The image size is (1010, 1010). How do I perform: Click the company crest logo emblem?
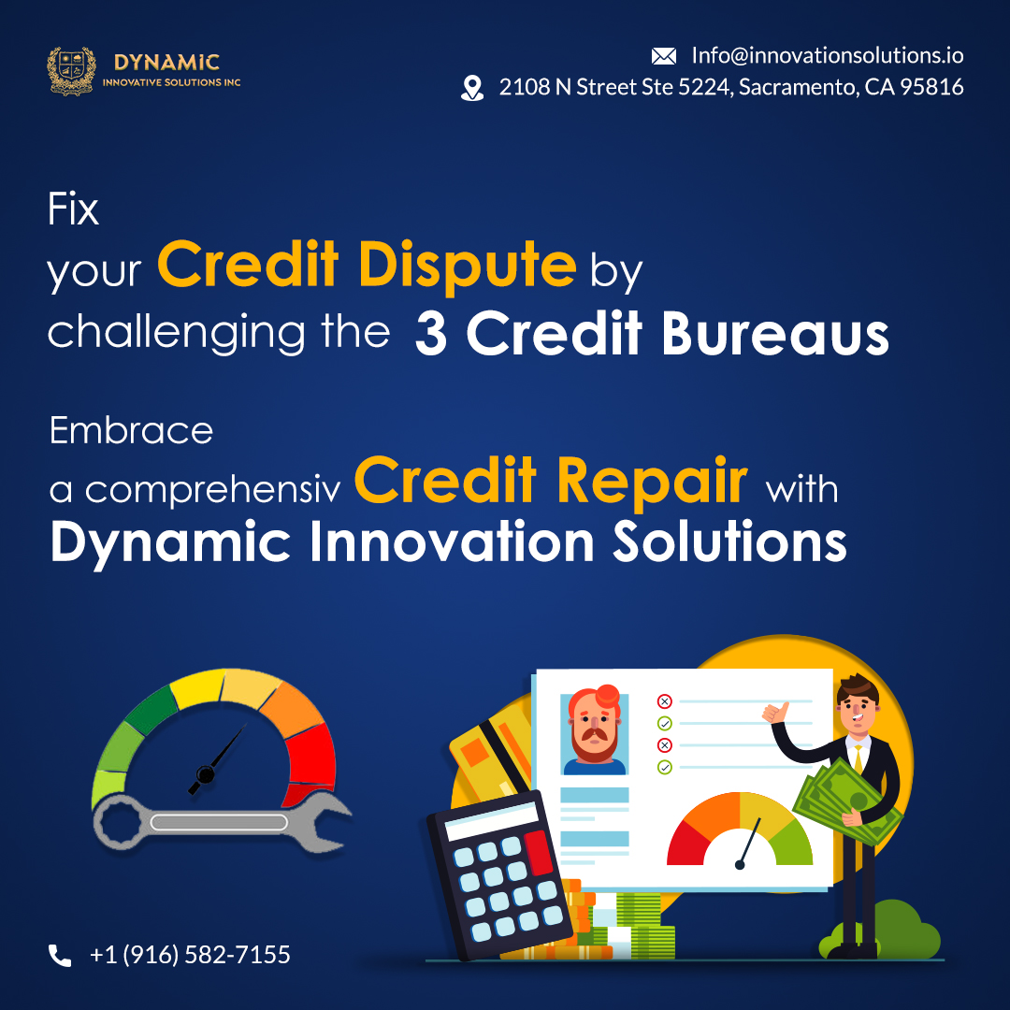point(71,71)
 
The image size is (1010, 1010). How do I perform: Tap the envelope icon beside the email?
point(663,56)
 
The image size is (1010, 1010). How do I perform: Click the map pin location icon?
point(472,88)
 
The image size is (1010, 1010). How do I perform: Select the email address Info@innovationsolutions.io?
point(827,55)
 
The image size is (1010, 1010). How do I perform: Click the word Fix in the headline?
point(73,209)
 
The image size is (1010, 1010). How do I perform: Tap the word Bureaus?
point(775,334)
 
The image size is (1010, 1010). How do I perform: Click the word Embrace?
point(131,430)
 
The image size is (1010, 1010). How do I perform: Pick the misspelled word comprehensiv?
point(212,491)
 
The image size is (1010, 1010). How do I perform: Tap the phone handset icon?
point(60,955)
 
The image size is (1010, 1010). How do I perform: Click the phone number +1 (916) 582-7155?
point(190,955)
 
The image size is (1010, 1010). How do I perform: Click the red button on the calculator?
point(539,852)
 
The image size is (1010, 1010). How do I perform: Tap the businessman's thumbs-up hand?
point(775,713)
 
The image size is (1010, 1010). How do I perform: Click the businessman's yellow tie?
point(858,760)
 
